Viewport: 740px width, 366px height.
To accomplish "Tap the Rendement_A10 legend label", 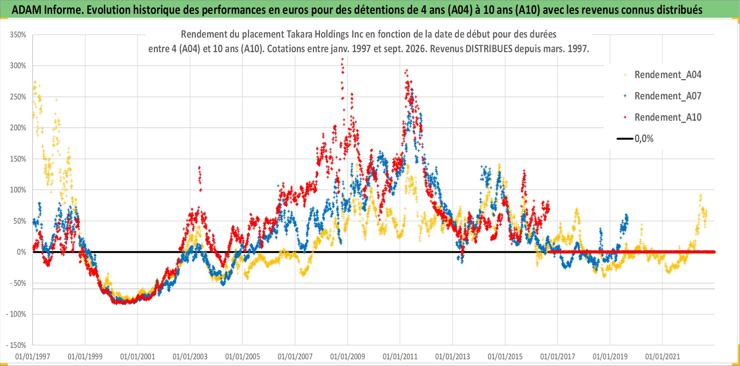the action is tap(668, 118).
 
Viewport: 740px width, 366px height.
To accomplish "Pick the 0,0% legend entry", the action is tap(635, 139).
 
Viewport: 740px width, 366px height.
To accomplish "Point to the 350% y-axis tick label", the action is tap(18, 35).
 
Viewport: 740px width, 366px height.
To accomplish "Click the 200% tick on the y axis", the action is tap(18, 128).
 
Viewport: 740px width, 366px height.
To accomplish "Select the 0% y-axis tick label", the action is tap(22, 252).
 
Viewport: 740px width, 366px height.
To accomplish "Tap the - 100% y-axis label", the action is tap(16, 314).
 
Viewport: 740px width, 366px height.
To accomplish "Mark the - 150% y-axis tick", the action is tap(16, 345).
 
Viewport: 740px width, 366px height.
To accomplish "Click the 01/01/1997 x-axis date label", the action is tap(33, 356).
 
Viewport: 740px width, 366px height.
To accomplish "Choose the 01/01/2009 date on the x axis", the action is tap(348, 356).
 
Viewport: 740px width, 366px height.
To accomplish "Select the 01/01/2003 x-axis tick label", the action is tap(190, 356).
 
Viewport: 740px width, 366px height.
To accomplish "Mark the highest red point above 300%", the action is tap(342, 59).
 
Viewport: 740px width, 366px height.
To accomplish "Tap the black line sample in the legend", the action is tap(625, 139).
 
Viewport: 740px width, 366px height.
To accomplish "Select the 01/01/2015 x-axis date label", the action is tap(505, 356).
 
